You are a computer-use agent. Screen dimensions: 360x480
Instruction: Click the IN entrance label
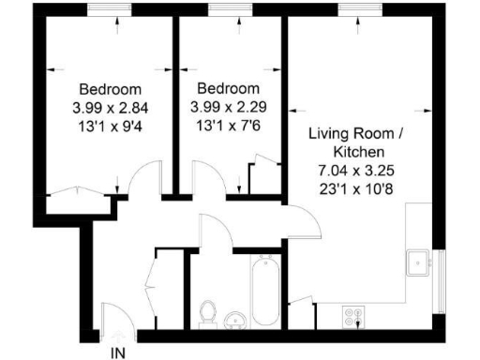point(118,353)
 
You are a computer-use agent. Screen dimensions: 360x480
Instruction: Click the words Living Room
point(345,134)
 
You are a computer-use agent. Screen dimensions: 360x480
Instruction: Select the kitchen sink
point(417,262)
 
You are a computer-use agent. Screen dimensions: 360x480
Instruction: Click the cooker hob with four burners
point(354,318)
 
